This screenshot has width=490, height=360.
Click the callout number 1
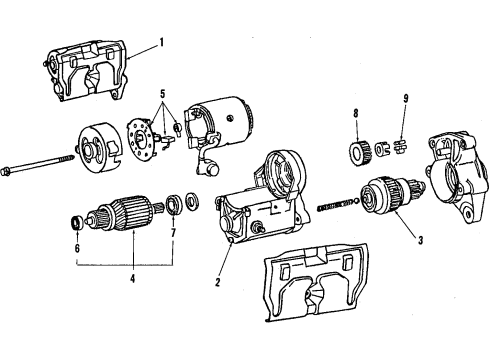tap(157, 43)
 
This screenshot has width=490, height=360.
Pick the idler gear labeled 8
tap(358, 153)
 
